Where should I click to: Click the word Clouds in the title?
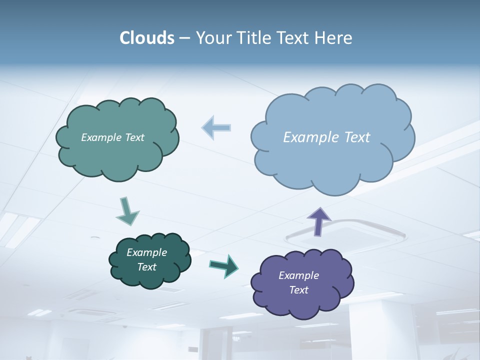point(147,38)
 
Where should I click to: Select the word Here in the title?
point(334,38)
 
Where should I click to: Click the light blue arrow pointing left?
point(216,127)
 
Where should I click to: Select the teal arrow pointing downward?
point(127,211)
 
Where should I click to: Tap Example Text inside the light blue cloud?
point(326,137)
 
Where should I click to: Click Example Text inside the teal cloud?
point(112,137)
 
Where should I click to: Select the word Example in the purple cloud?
point(298,275)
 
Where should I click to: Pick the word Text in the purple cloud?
point(298,290)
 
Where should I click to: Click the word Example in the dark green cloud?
point(146,252)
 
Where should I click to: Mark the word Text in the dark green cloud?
point(146,267)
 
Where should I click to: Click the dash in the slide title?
point(184,38)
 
